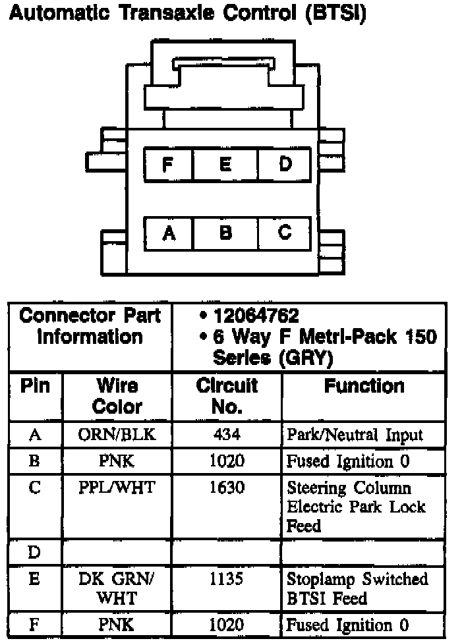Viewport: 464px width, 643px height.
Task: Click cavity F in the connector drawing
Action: [168, 164]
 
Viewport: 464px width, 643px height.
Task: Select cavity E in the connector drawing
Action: [225, 164]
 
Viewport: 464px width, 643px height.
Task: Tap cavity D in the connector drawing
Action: [284, 164]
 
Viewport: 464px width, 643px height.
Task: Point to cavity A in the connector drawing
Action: [169, 233]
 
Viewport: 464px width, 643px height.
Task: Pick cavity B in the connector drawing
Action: [225, 233]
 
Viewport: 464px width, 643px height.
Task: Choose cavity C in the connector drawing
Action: [284, 233]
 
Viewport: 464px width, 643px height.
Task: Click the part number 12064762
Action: [256, 316]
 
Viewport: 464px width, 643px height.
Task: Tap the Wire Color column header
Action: [117, 395]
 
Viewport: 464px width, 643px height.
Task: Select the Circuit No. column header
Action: [227, 395]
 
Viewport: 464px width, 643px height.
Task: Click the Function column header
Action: [364, 386]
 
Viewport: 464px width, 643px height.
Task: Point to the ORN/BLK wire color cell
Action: [117, 435]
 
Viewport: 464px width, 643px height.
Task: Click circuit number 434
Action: [227, 435]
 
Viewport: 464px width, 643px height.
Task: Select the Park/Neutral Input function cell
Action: [355, 435]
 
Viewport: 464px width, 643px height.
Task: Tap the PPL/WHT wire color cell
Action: [117, 488]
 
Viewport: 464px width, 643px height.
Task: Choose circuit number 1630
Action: [227, 488]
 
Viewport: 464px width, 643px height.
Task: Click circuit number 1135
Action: [227, 579]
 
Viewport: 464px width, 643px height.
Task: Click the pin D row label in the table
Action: [35, 552]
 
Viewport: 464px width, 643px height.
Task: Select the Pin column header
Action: [36, 386]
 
